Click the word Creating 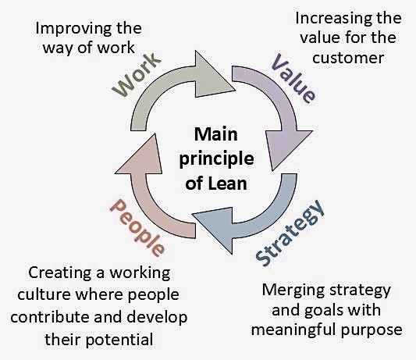pos(59,274)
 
